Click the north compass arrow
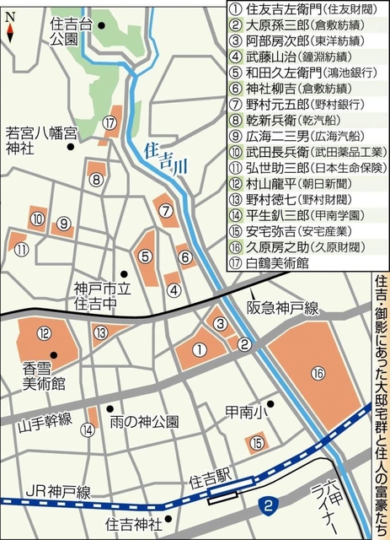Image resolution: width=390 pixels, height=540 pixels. (9, 31)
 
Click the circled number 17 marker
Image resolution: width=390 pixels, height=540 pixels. (110, 123)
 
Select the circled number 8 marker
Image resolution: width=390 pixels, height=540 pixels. (97, 179)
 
